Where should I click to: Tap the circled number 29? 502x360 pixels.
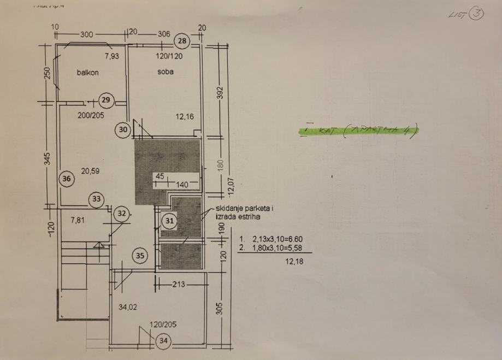pyautogui.click(x=106, y=100)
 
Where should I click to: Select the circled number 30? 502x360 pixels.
pyautogui.click(x=123, y=129)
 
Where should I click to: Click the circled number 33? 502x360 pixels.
pyautogui.click(x=97, y=199)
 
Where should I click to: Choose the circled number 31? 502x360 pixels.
pyautogui.click(x=170, y=221)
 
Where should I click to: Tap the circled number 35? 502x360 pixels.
pyautogui.click(x=140, y=255)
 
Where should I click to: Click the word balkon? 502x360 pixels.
pyautogui.click(x=87, y=72)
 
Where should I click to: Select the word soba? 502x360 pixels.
pyautogui.click(x=165, y=72)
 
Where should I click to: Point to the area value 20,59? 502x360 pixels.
pyautogui.click(x=90, y=171)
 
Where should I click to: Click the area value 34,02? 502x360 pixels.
pyautogui.click(x=128, y=307)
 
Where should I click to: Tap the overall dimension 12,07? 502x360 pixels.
pyautogui.click(x=231, y=186)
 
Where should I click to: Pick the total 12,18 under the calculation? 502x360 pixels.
pyautogui.click(x=294, y=262)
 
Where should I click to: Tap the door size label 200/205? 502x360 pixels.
pyautogui.click(x=91, y=115)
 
